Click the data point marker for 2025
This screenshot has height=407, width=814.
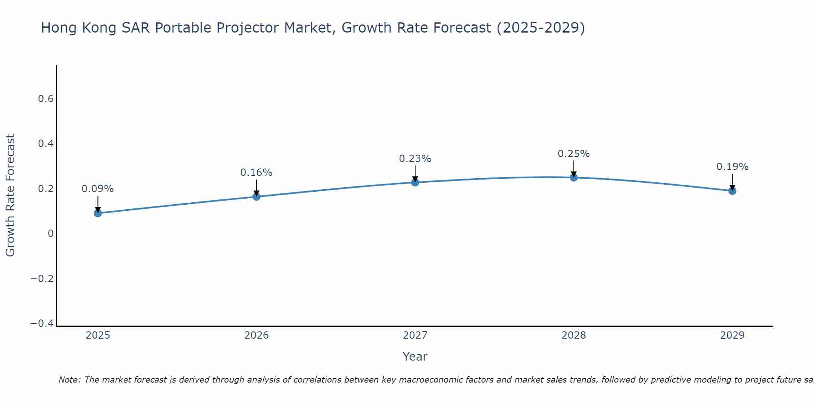tap(98, 213)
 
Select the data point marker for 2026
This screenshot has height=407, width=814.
tap(256, 197)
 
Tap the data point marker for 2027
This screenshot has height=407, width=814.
tap(415, 182)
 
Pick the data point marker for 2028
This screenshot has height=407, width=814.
tap(574, 177)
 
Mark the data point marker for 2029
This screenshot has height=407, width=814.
tap(732, 190)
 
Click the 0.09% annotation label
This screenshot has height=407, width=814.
tap(98, 189)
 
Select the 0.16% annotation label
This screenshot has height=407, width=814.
tap(256, 173)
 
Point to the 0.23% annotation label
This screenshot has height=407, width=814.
tap(415, 159)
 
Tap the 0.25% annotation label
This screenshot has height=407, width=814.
tap(574, 154)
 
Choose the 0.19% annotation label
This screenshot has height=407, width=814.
tap(732, 167)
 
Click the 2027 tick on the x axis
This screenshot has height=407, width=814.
tap(415, 335)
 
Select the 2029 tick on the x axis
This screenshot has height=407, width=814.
tap(732, 335)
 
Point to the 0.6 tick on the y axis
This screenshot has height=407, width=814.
tap(46, 99)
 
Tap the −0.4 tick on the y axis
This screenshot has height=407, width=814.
tap(42, 323)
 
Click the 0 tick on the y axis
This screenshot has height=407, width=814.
tap(50, 234)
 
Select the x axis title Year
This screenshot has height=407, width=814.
tap(415, 357)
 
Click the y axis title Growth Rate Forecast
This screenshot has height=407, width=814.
tap(10, 195)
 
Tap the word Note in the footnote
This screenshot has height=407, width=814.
tap(70, 380)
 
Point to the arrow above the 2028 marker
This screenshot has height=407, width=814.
tap(574, 168)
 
